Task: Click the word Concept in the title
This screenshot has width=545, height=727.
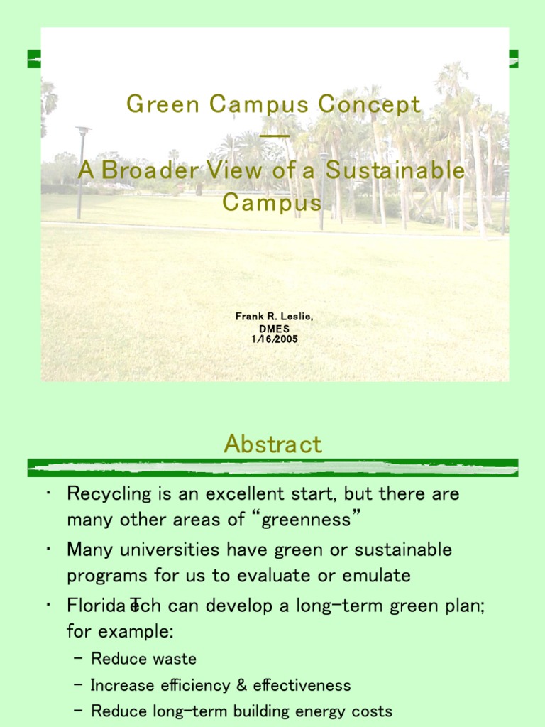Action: [370, 105]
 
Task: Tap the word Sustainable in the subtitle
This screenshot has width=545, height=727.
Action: [396, 171]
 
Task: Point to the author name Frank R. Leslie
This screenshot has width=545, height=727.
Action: [274, 316]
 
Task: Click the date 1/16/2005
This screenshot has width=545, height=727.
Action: [275, 339]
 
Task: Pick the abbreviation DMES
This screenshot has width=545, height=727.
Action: [275, 328]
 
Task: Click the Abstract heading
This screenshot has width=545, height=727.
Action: [272, 444]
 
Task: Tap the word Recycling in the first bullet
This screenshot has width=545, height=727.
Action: [109, 493]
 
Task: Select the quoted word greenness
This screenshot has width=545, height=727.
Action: [306, 519]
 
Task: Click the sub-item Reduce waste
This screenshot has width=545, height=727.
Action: [143, 659]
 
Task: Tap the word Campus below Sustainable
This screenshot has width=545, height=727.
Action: [272, 202]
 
